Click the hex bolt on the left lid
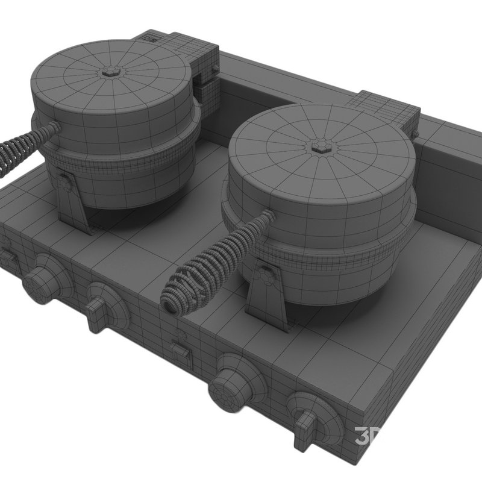pyautogui.click(x=110, y=72)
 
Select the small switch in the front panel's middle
pyautogui.click(x=181, y=353)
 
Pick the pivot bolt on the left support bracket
pyautogui.click(x=64, y=181)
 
